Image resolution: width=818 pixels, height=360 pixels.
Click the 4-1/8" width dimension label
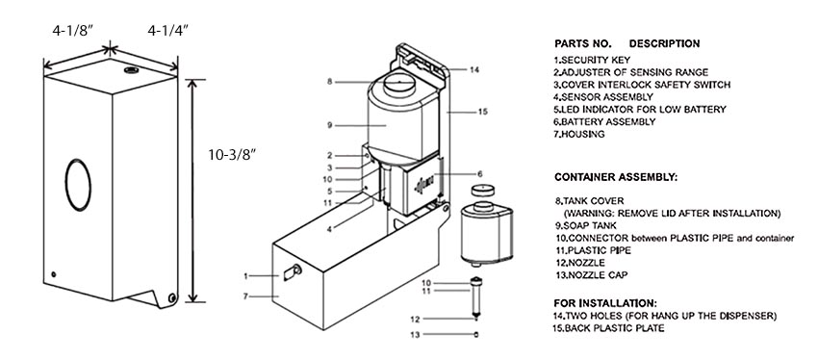[x=72, y=32]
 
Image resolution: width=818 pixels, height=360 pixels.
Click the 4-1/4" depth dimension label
[x=167, y=32]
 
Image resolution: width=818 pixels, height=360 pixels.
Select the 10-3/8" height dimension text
[x=233, y=156]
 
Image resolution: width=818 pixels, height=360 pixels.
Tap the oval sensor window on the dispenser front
[x=78, y=185]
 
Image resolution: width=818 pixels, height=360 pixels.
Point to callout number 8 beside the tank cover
[x=330, y=82]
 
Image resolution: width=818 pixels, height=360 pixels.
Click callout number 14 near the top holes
[x=473, y=69]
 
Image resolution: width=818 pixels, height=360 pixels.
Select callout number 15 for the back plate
[x=482, y=111]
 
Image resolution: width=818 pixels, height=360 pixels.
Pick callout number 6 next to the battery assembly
[x=480, y=173]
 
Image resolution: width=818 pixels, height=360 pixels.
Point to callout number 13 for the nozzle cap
[x=415, y=335]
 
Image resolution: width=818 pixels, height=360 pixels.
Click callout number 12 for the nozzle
[x=415, y=320]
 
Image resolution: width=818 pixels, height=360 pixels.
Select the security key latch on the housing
[x=293, y=271]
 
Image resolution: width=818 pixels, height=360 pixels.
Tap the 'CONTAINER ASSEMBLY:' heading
[x=616, y=177]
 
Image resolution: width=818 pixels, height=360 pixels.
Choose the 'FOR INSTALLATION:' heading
[x=605, y=302]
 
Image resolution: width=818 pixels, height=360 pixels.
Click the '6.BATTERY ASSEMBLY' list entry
[x=604, y=121]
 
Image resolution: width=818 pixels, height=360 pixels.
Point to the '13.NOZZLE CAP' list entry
[x=591, y=275]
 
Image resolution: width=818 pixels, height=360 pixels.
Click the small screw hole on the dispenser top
[x=129, y=70]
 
